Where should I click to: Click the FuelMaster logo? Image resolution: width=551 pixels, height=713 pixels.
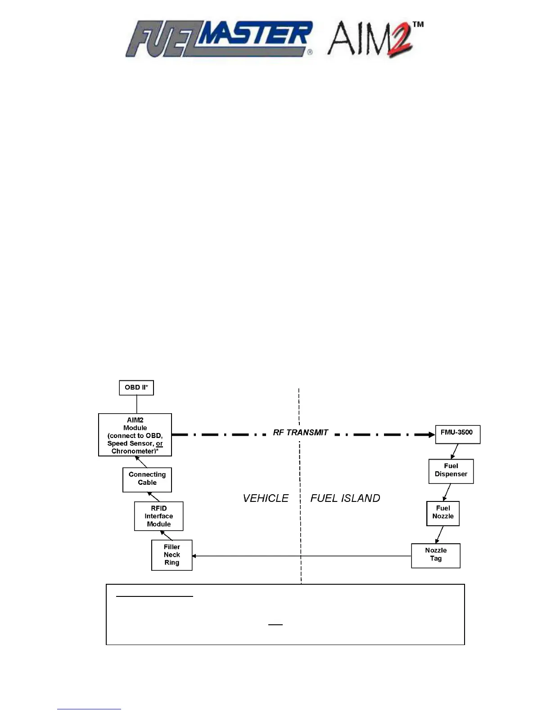pos(219,39)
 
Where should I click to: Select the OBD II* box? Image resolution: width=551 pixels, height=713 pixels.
pos(136,388)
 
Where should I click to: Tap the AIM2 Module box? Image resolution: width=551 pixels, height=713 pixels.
pos(135,435)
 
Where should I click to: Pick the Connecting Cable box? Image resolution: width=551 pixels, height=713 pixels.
pos(147,479)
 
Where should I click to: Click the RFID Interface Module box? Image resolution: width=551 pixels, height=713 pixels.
pos(159,516)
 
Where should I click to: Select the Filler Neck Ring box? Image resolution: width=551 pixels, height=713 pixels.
pos(172,555)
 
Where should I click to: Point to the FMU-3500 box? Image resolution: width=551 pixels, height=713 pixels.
pos(457,434)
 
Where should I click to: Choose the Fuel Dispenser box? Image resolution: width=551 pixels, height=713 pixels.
pos(451,471)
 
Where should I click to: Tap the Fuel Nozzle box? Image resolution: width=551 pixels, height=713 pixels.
pos(443,513)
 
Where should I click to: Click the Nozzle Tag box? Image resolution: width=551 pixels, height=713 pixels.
pos(436,555)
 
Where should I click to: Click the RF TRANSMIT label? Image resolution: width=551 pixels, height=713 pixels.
pos(301,433)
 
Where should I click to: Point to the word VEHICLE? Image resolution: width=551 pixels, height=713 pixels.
pos(266,498)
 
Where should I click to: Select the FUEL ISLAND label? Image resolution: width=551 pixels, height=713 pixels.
pos(345,498)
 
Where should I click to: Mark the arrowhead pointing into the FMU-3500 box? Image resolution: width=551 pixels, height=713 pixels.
pos(431,435)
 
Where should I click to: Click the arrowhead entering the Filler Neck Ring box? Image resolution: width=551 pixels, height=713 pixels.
pos(194,556)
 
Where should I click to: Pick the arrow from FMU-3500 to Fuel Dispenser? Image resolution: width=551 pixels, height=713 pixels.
pos(455,451)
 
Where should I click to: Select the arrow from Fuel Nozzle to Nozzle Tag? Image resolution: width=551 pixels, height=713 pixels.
pos(439,535)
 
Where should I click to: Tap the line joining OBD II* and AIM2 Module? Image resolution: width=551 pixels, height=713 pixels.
pos(136,404)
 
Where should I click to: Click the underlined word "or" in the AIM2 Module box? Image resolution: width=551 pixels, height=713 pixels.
pos(159,444)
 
